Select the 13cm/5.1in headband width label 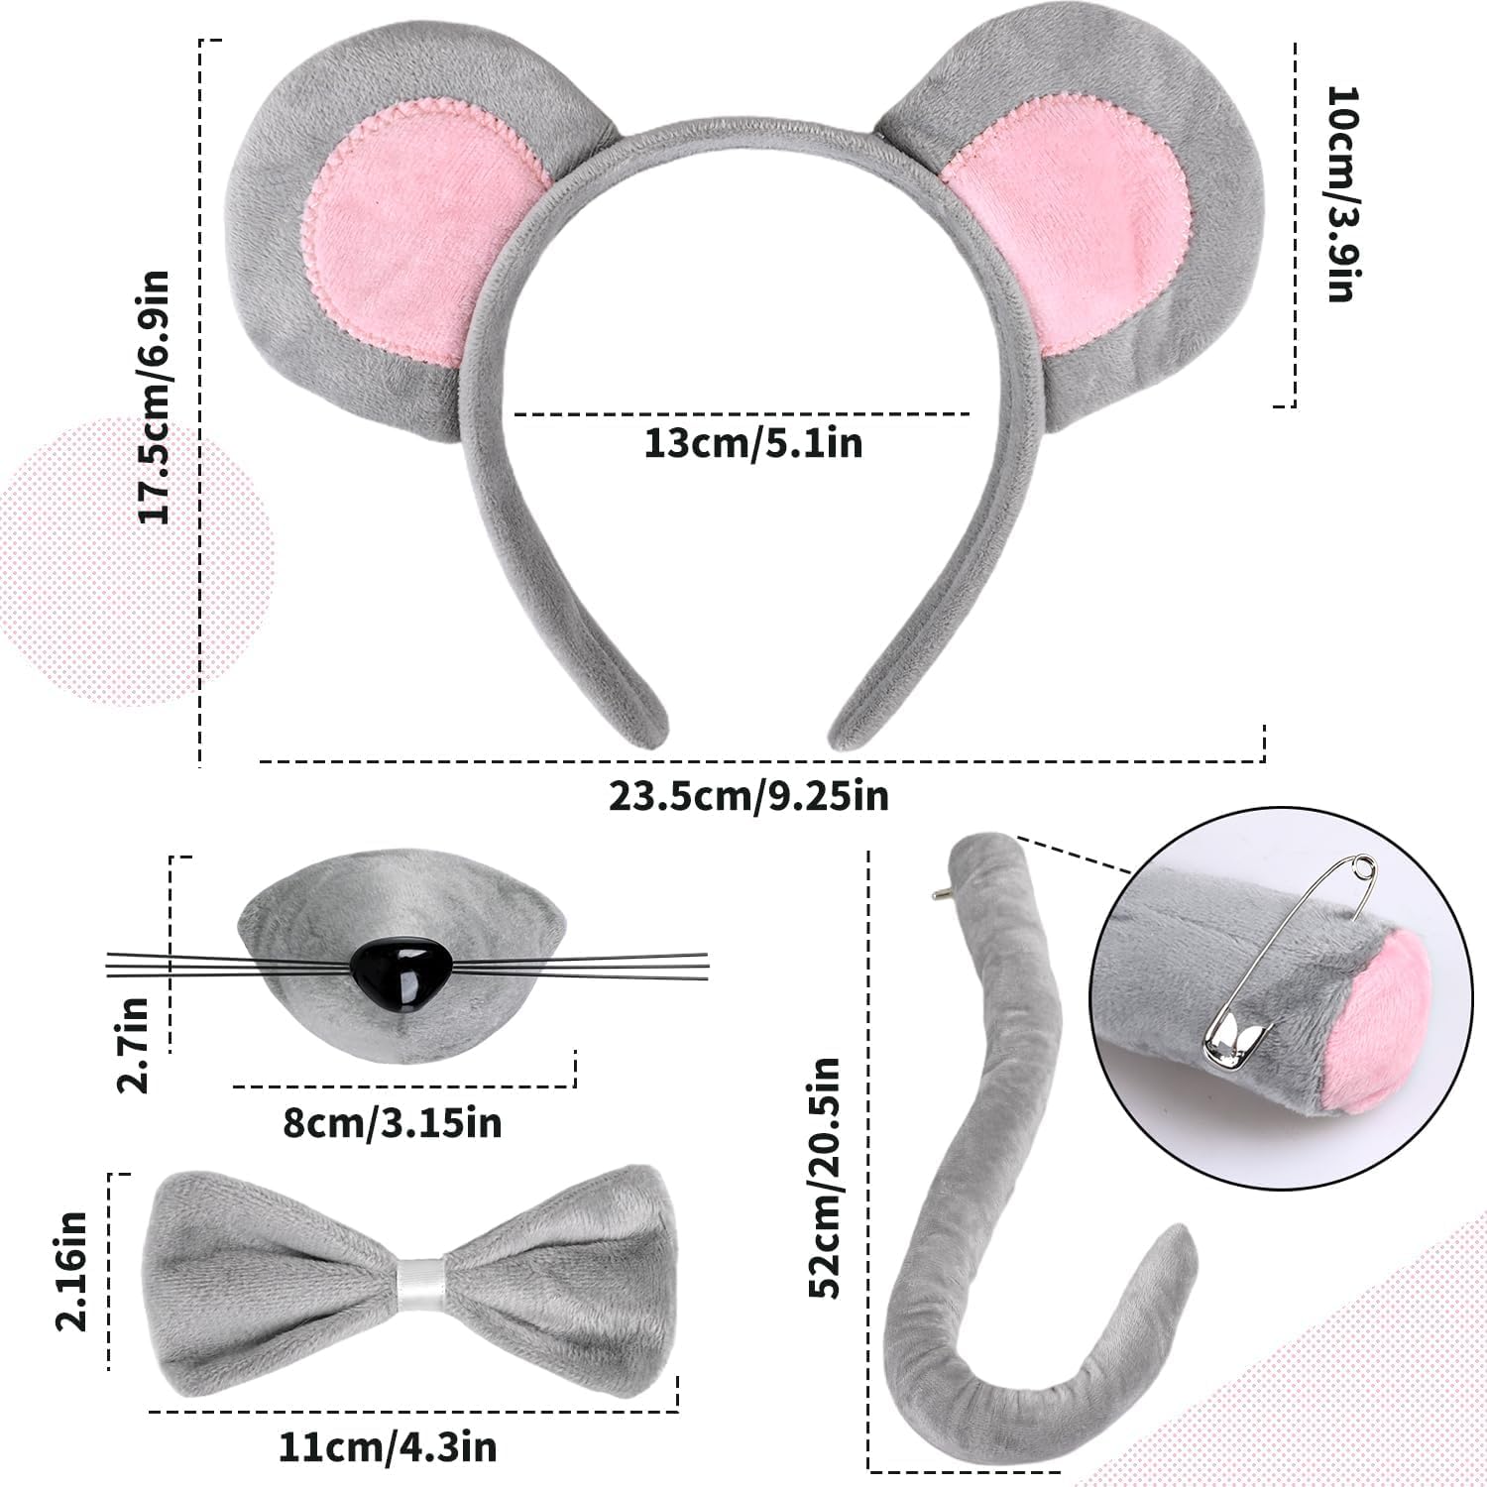point(753,443)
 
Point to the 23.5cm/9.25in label point(749,795)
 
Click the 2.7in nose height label point(133,1043)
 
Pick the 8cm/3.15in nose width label point(393,1123)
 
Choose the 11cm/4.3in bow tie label point(387,1448)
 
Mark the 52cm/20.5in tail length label point(825,1178)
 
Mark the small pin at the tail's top point(938,894)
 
